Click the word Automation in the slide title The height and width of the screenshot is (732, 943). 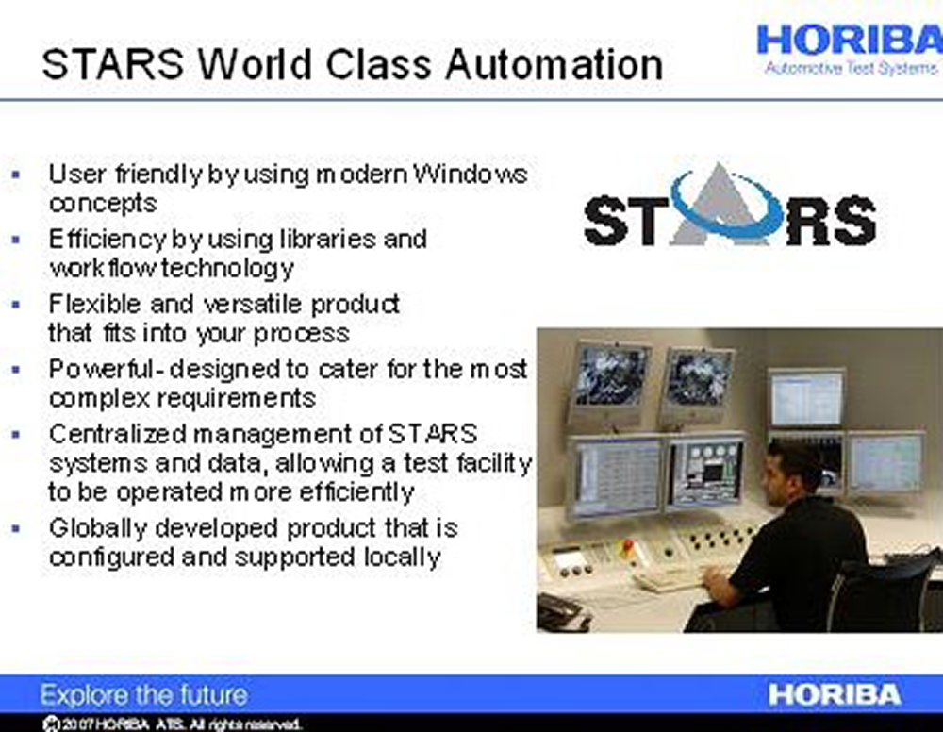[x=554, y=64]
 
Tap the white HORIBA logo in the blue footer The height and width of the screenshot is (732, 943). [x=835, y=694]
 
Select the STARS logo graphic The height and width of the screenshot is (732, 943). [x=729, y=206]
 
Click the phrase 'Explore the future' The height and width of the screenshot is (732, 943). [x=143, y=694]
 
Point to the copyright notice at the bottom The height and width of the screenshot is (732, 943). [x=172, y=724]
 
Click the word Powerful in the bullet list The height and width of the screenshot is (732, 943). [x=101, y=369]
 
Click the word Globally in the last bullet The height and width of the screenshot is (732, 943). [x=97, y=528]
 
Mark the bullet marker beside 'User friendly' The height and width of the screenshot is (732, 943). [x=16, y=175]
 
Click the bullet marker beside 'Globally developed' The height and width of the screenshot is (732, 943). [x=16, y=528]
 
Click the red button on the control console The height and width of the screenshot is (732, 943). [x=628, y=545]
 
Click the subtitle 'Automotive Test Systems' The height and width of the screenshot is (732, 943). [x=851, y=68]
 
